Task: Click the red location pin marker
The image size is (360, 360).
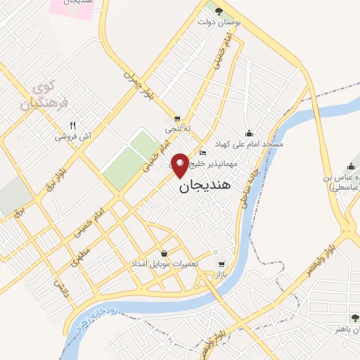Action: pyautogui.click(x=180, y=165)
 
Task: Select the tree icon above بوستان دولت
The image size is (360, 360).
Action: pyautogui.click(x=219, y=11)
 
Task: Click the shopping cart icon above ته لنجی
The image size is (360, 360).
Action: pyautogui.click(x=178, y=118)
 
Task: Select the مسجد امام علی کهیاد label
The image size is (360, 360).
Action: pyautogui.click(x=250, y=143)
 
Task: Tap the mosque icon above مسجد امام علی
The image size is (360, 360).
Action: pyautogui.click(x=248, y=132)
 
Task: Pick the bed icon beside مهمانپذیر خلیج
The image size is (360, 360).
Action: pyautogui.click(x=203, y=153)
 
